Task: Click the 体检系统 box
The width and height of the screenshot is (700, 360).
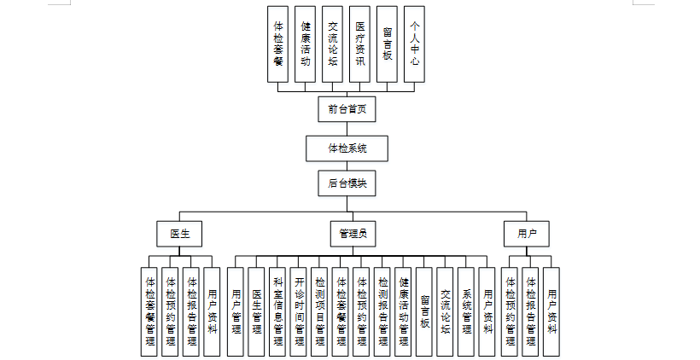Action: click(x=347, y=148)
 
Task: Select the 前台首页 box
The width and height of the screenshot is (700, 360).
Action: click(x=347, y=108)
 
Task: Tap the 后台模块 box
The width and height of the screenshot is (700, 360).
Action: click(x=347, y=183)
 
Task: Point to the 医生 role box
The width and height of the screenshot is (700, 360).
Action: click(x=179, y=232)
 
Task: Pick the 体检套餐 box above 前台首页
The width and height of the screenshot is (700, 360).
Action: click(x=277, y=44)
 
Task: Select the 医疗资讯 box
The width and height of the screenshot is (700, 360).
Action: click(x=359, y=44)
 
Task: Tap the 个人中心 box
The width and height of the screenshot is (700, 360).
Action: click(x=414, y=44)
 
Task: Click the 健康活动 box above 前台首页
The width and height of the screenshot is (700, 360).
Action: click(x=305, y=44)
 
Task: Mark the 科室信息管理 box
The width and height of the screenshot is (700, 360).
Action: click(x=278, y=311)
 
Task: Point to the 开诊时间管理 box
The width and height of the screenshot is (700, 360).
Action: click(x=299, y=311)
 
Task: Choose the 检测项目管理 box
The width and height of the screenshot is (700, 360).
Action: click(x=320, y=311)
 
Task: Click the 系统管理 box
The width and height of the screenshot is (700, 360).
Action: click(x=466, y=311)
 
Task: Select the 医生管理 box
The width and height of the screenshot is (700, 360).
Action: click(x=257, y=311)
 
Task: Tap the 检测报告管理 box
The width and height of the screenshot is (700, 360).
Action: click(x=383, y=311)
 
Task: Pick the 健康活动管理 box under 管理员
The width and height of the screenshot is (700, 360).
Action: click(x=404, y=311)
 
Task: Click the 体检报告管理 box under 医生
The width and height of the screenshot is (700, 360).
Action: click(x=192, y=311)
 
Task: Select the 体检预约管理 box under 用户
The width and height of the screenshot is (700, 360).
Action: click(x=510, y=311)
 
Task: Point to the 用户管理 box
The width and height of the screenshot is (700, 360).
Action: click(x=236, y=311)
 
